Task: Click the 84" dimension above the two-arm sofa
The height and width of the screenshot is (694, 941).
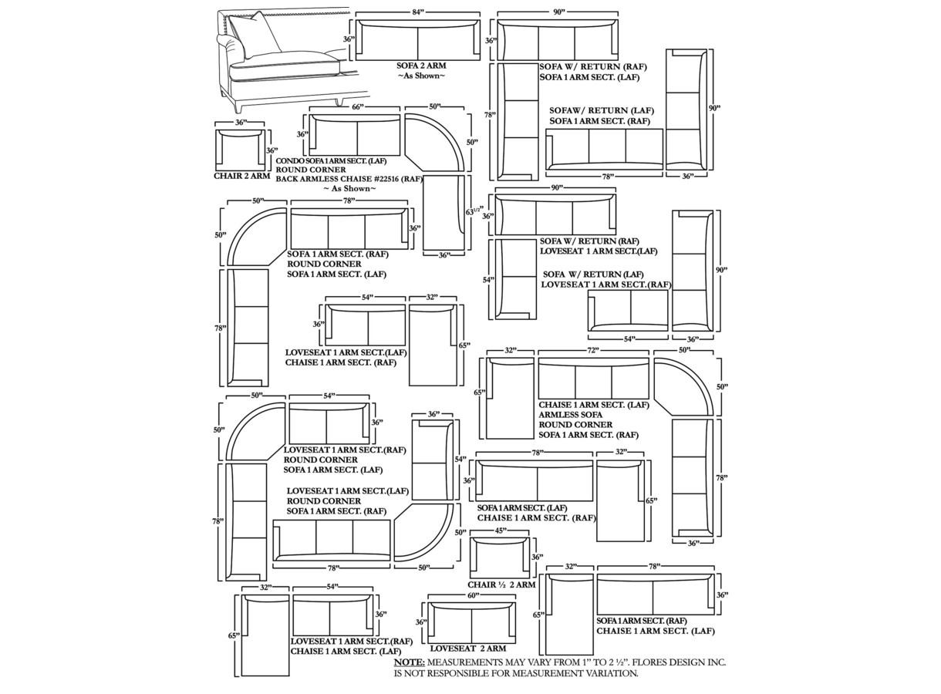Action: [418, 12]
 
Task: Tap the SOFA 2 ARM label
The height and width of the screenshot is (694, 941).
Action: [421, 66]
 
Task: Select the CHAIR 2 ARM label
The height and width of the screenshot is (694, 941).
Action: [241, 176]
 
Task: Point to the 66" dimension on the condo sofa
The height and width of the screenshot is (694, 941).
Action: [356, 106]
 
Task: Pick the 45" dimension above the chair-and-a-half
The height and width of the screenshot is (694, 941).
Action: [500, 531]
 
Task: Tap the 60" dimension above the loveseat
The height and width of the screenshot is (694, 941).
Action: [472, 595]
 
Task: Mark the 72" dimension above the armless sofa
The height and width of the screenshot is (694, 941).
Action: [592, 350]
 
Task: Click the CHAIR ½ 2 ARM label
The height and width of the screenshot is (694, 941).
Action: [501, 585]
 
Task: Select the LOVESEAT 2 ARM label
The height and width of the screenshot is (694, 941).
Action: [467, 649]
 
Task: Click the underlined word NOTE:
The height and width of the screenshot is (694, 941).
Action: [409, 662]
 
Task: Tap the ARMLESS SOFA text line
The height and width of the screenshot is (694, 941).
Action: [571, 415]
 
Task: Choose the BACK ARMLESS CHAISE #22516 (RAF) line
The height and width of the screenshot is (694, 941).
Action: [349, 179]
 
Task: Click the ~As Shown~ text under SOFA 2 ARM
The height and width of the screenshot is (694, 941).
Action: [421, 76]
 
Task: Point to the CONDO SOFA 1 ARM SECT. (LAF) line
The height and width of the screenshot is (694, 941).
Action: [342, 160]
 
